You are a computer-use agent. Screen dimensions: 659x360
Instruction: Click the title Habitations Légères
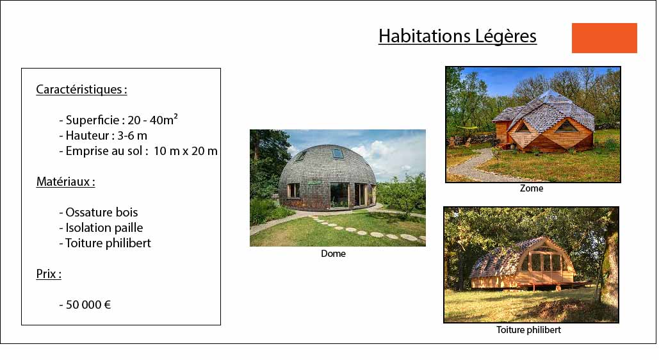point(457,36)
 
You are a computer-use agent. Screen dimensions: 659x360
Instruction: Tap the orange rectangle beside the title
point(605,38)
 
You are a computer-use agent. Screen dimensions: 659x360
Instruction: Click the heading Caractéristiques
point(81,90)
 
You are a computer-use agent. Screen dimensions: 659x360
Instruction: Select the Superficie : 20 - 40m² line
point(118,120)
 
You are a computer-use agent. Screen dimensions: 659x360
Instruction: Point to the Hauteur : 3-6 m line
point(103,135)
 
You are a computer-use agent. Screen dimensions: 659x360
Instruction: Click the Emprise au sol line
point(138,151)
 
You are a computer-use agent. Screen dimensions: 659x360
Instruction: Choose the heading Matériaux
point(65,182)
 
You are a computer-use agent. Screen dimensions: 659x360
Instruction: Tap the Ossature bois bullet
point(99,212)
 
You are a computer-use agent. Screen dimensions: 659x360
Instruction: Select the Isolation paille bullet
point(101,227)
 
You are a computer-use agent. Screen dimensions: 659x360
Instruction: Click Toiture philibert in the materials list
point(104,243)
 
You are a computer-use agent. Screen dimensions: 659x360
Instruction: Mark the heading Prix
point(49,274)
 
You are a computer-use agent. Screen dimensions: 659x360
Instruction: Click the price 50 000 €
point(85,304)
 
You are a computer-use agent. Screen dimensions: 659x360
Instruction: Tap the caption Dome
point(333,254)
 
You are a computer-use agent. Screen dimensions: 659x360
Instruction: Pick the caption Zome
point(532,188)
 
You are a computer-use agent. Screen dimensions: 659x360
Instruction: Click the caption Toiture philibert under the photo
point(528,330)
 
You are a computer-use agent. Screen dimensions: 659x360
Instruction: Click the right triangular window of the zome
point(566,126)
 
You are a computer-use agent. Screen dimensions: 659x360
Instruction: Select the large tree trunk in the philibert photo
point(610,269)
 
